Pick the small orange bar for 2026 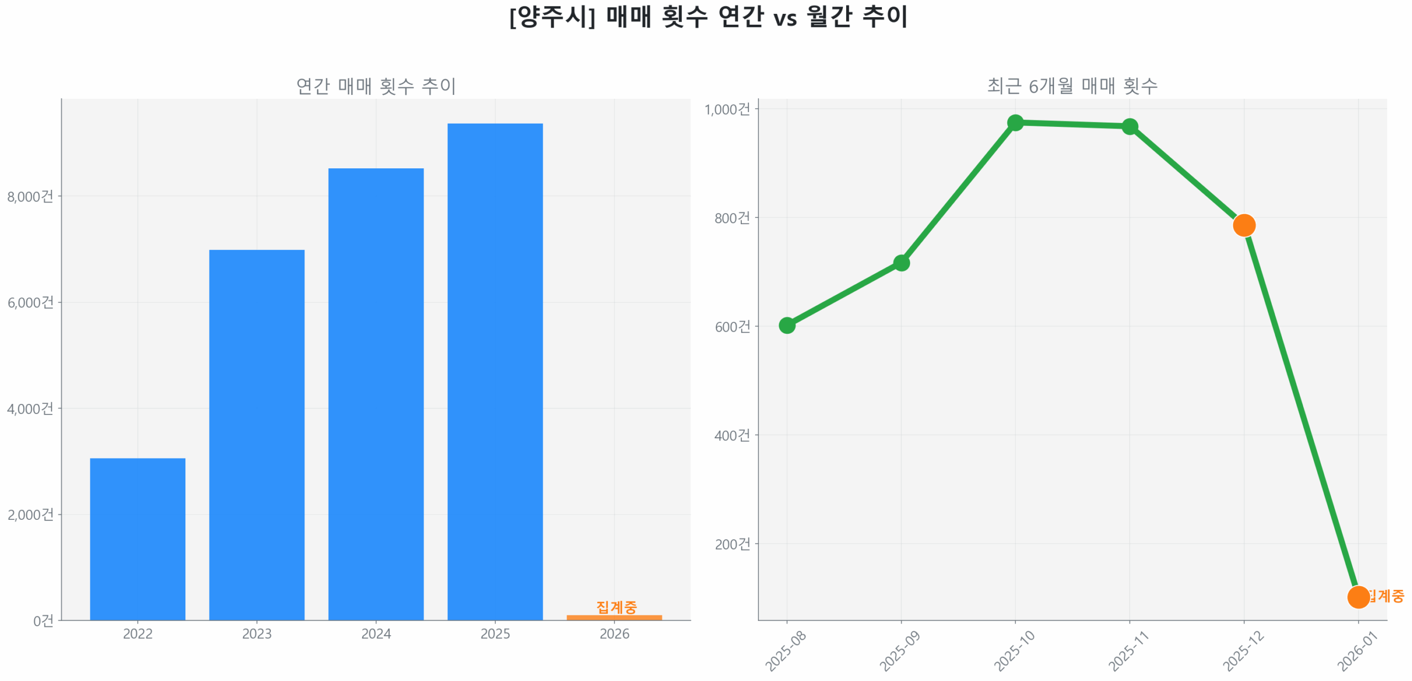click(x=614, y=617)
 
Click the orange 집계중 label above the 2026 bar click(x=616, y=606)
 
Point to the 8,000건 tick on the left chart click(x=30, y=196)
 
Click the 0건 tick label click(x=43, y=621)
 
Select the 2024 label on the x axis click(x=376, y=634)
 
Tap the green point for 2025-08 click(x=787, y=325)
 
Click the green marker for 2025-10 click(x=1015, y=123)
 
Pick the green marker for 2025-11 click(x=1130, y=126)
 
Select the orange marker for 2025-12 click(x=1244, y=225)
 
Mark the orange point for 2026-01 click(x=1358, y=597)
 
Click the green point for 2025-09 click(x=901, y=263)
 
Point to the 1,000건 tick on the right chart click(x=727, y=109)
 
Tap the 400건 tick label click(x=732, y=435)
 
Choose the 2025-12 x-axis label click(x=1243, y=651)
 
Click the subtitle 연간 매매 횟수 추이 click(x=376, y=86)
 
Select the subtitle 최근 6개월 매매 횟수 click(x=1072, y=86)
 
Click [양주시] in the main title click(x=552, y=17)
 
